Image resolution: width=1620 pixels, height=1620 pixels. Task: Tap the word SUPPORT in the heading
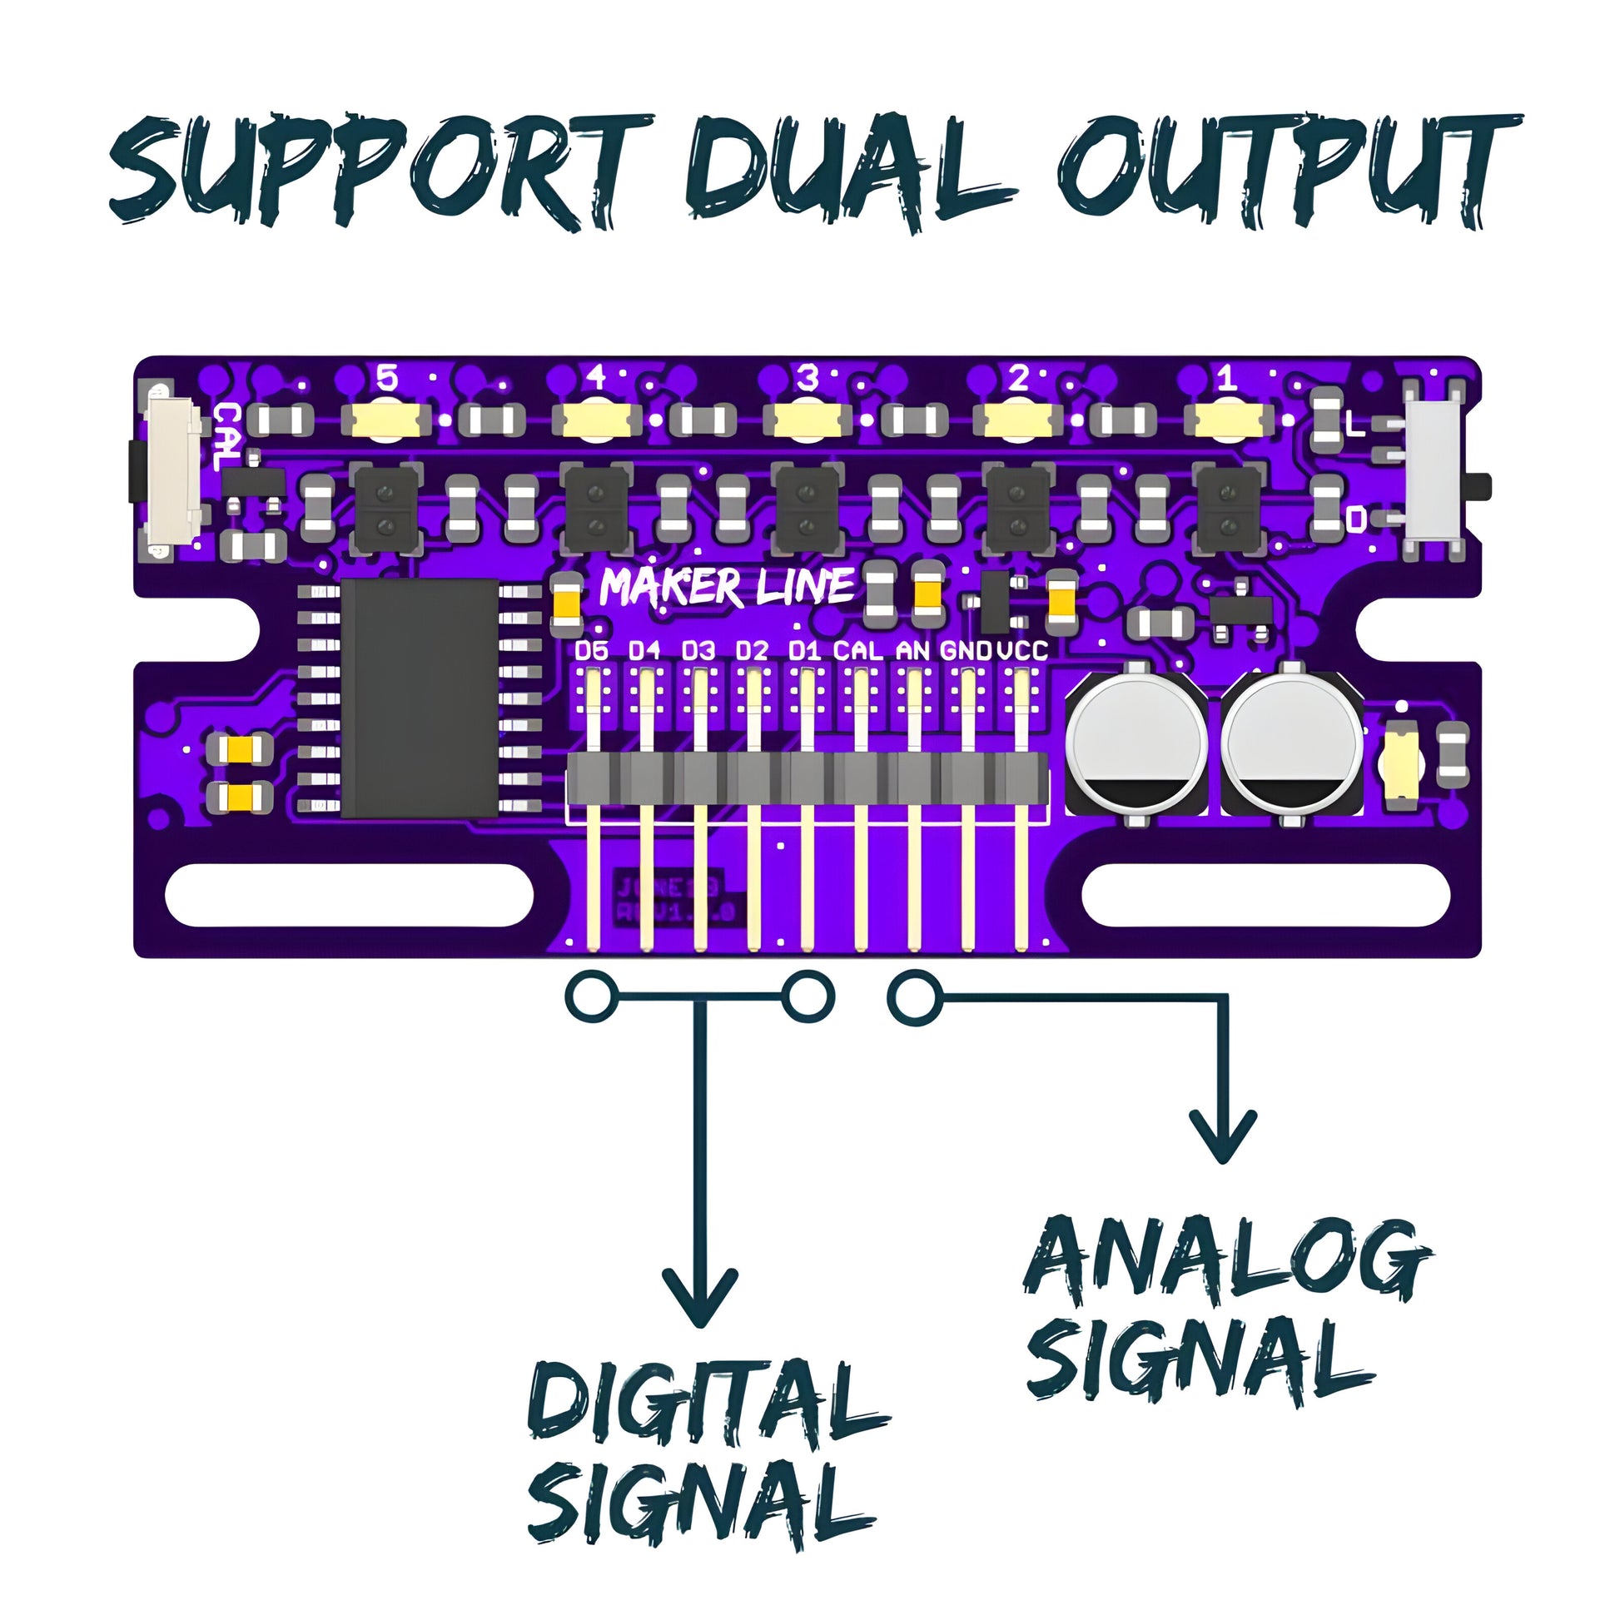[381, 171]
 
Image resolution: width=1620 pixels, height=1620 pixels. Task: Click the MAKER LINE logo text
[726, 586]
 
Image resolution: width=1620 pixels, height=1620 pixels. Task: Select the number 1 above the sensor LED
[1227, 379]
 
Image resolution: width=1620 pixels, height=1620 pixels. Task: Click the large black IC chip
[420, 697]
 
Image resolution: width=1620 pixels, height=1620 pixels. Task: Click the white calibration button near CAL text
[173, 471]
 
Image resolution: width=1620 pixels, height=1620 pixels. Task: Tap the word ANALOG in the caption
[1226, 1260]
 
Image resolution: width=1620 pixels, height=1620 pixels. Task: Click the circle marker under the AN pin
[914, 998]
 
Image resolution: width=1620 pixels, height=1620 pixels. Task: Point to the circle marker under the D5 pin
[591, 998]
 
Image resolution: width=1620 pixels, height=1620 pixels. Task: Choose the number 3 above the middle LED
[807, 379]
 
